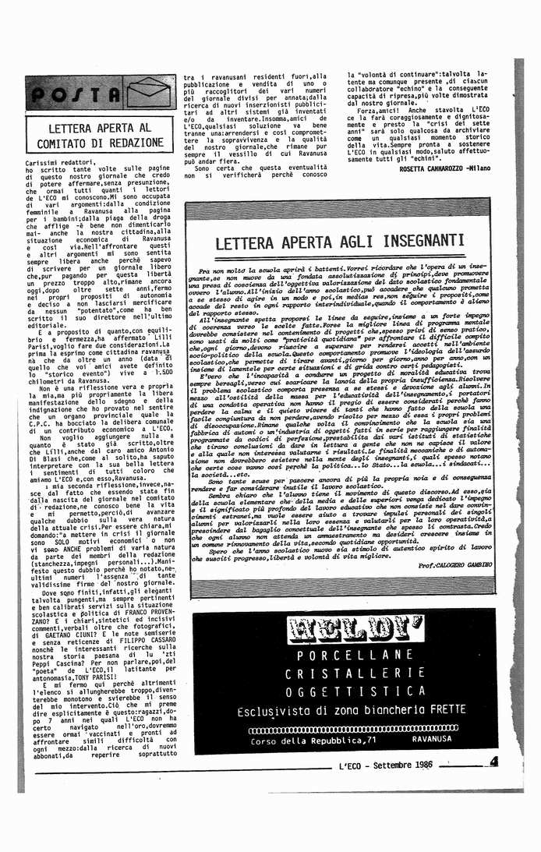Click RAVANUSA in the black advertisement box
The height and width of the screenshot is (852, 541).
pos(446,741)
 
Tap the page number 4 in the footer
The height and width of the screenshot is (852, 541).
pos(493,763)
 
